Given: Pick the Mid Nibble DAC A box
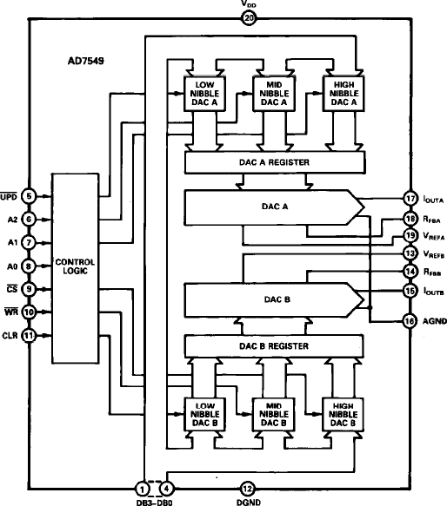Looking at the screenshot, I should click(273, 93).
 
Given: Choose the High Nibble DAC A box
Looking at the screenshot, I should click(343, 93).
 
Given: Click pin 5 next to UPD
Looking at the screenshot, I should click(30, 196).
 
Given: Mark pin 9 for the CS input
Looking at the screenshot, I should click(30, 289).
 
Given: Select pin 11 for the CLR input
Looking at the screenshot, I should click(30, 335).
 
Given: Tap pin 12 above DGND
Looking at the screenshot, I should click(248, 488).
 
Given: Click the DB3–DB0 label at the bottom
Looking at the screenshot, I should click(157, 500).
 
